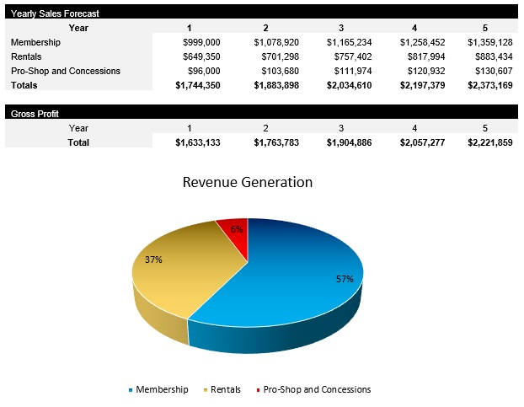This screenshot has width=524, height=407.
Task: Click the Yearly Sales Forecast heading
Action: coord(56,13)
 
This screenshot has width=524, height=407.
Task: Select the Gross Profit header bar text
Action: coord(35,113)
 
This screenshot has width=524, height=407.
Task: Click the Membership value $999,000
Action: coord(201,42)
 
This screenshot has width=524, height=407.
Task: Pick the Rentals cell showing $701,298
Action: coord(276,56)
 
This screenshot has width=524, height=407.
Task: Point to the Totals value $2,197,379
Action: coord(422,86)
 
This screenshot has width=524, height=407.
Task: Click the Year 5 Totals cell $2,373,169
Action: coord(489,86)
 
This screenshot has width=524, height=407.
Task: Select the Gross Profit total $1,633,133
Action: coord(198,143)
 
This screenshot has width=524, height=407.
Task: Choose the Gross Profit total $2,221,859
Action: coord(489,143)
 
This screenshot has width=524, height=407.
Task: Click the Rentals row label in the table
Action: coord(27,56)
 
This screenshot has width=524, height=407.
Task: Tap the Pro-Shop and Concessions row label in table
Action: coord(66,72)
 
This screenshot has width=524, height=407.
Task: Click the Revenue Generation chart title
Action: coord(248,182)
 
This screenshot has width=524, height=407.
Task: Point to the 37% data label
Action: coord(153,260)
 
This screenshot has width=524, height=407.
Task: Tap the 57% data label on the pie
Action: coord(344,279)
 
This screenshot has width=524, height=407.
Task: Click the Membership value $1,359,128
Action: coord(489,42)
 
